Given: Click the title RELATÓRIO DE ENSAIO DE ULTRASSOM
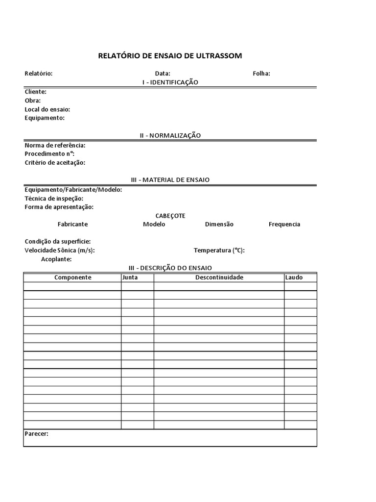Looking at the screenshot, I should pyautogui.click(x=170, y=56).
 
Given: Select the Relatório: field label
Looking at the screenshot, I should pyautogui.click(x=39, y=74).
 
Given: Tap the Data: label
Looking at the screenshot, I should pyautogui.click(x=163, y=74).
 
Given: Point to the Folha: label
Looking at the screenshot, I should pyautogui.click(x=261, y=74).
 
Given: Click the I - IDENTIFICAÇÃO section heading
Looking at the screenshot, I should pyautogui.click(x=170, y=82).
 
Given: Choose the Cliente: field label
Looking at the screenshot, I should pyautogui.click(x=36, y=92).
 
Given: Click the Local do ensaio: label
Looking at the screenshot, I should pyautogui.click(x=47, y=109).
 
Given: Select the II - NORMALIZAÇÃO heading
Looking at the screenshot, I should pyautogui.click(x=170, y=135).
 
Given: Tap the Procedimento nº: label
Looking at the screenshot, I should pyautogui.click(x=49, y=153).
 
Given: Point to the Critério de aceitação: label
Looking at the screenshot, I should pyautogui.click(x=55, y=162).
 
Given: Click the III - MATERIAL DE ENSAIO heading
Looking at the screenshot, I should pyautogui.click(x=170, y=180).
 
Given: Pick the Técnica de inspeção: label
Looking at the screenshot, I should pyautogui.click(x=54, y=198).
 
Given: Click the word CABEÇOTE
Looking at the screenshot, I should pyautogui.click(x=170, y=216).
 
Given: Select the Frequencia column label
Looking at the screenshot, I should pyautogui.click(x=284, y=225).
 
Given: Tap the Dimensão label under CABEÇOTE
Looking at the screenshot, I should pyautogui.click(x=219, y=225).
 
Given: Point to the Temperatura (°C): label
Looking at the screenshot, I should pyautogui.click(x=219, y=251).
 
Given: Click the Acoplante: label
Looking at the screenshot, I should pyautogui.click(x=56, y=259).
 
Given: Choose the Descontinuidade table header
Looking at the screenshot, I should pyautogui.click(x=219, y=277).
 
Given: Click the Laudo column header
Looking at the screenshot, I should pyautogui.click(x=294, y=277).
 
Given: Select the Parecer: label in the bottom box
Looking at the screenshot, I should pyautogui.click(x=37, y=434).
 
